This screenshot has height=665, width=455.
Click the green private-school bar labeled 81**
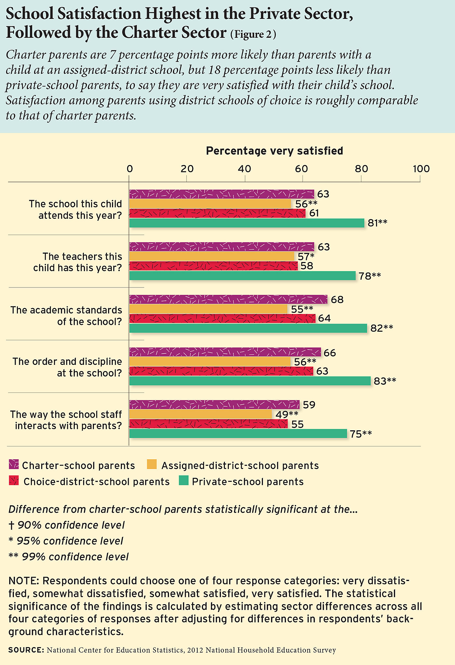pos(247,223)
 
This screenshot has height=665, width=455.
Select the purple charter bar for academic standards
pos(228,299)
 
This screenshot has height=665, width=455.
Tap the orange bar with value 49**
pos(201,414)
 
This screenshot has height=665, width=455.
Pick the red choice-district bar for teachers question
pos(214,266)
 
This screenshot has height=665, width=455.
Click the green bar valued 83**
pos(250,381)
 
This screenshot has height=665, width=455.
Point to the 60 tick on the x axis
pos(302,169)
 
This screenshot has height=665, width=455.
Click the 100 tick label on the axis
pos(421,169)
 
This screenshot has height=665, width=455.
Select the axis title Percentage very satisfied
pos(275,151)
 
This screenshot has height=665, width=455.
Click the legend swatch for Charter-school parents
pos(14,464)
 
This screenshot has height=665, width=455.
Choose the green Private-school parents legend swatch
pos(184,481)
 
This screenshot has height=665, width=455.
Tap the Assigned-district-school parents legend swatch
pos(152,464)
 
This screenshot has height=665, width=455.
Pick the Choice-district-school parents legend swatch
pos(14,481)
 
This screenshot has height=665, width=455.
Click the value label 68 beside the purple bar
pos(337,299)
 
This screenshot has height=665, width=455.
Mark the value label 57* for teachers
pos(306,257)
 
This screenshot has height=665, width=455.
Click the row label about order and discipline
pos(67,367)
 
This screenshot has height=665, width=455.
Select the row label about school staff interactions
pos(66,420)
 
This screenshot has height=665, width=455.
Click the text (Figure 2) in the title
pos(253,35)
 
